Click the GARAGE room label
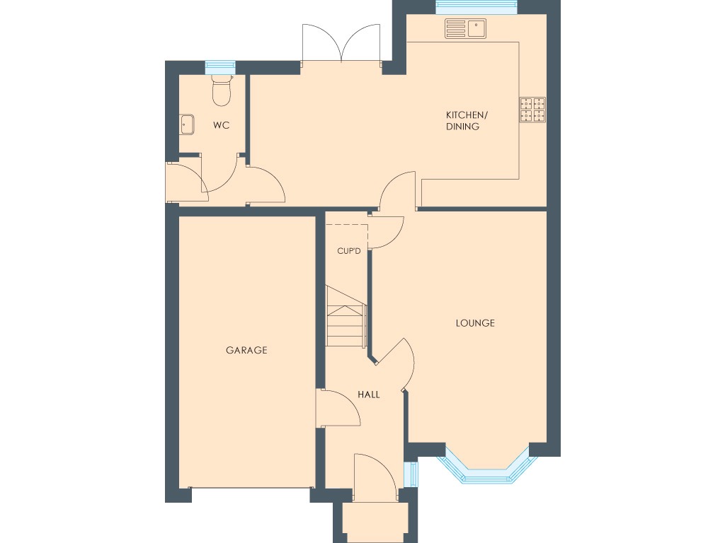(246, 350)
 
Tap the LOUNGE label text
(474, 323)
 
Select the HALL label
(368, 395)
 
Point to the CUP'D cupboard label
(348, 251)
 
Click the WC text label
(222, 125)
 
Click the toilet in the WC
(222, 90)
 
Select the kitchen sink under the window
(465, 28)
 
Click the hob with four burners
(533, 109)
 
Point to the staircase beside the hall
(346, 317)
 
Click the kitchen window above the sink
(476, 8)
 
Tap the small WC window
(219, 67)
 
